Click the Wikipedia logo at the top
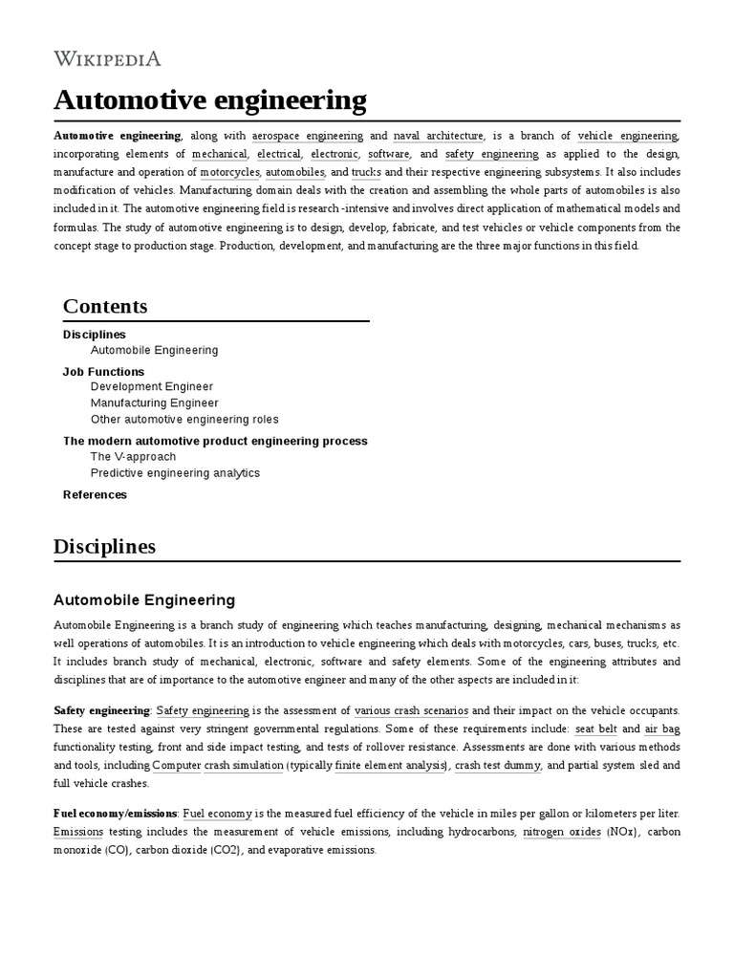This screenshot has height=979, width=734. [x=107, y=59]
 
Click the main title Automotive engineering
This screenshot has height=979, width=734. [x=209, y=99]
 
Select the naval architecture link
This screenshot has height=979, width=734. [x=438, y=136]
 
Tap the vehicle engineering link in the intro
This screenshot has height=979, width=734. [x=628, y=136]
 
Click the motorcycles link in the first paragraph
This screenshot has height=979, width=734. [x=229, y=172]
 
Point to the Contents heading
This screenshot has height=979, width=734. [x=105, y=307]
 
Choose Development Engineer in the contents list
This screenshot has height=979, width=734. [x=152, y=387]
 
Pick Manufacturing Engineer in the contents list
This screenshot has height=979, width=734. [x=154, y=403]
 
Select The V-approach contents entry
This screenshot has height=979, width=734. [x=133, y=457]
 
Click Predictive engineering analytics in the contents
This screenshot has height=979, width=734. [x=175, y=473]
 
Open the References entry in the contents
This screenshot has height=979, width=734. [x=95, y=495]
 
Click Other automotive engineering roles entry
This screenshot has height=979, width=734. [x=184, y=420]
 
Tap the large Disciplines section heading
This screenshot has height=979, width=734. [x=104, y=547]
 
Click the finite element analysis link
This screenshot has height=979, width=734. [x=391, y=766]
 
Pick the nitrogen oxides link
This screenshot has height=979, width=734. [x=561, y=832]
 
